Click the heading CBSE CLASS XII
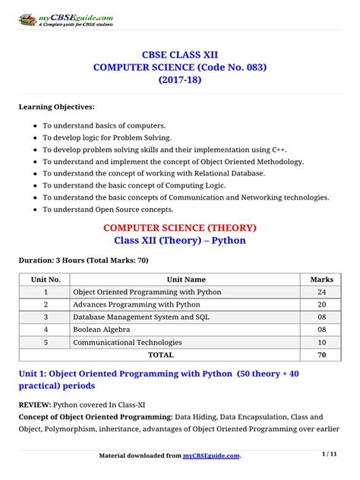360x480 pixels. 179,55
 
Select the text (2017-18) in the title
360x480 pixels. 179,80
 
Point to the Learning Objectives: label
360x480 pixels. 56,106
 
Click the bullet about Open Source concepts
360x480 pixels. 108,209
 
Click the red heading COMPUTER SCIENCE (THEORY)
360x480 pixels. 179,227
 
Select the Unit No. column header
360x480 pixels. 45,279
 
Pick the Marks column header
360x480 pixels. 322,279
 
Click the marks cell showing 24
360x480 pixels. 322,292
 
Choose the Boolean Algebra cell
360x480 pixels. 101,330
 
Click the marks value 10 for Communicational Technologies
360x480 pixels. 322,343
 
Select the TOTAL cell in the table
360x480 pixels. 160,355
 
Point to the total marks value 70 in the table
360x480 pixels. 322,355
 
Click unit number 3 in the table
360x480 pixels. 45,317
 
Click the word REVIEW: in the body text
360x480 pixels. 36,403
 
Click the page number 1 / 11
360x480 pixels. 330,454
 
